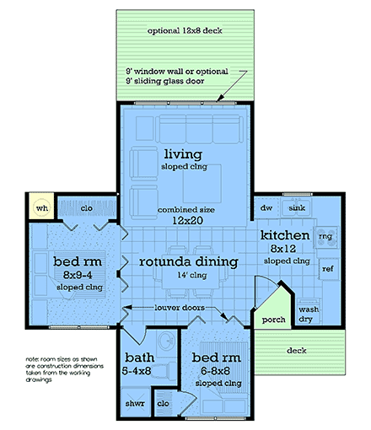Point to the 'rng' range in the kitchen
click(325, 237)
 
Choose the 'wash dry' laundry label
click(308, 314)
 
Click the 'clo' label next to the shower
click(164, 403)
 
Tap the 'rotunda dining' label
click(187, 262)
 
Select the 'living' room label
click(180, 153)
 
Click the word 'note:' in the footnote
click(35, 358)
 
